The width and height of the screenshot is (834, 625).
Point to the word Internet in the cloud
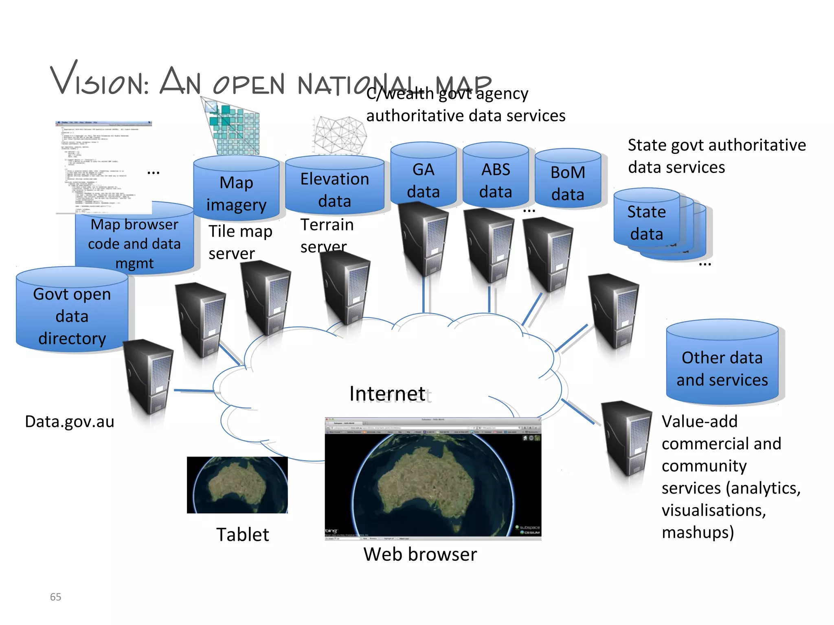[387, 393]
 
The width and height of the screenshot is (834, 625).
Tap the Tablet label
[243, 534]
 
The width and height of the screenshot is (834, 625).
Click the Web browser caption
[420, 554]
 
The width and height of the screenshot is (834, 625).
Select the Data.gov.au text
[70, 422]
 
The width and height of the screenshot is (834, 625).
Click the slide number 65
[55, 597]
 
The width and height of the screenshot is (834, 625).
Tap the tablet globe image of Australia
[237, 485]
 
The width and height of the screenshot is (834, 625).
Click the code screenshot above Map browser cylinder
[104, 167]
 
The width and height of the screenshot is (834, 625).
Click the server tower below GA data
[424, 240]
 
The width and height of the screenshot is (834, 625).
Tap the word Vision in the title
[100, 79]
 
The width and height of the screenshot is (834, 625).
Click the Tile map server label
[240, 242]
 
